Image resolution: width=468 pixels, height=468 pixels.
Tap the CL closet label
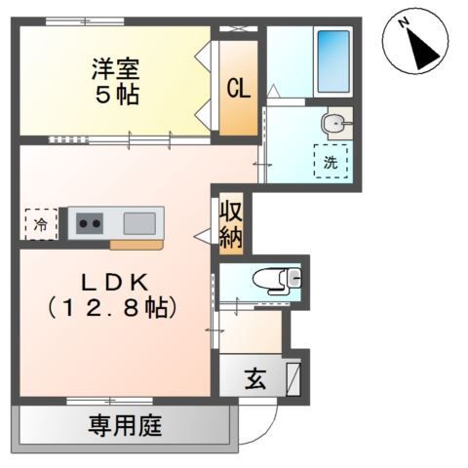click(x=238, y=88)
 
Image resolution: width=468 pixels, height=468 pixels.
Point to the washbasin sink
click(x=333, y=124)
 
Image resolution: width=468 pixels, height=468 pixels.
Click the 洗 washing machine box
click(x=331, y=162)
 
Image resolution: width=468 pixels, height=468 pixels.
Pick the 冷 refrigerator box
click(x=40, y=223)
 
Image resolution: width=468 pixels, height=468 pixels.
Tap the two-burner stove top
click(x=89, y=222)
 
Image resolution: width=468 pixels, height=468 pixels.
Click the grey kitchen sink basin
click(x=137, y=222)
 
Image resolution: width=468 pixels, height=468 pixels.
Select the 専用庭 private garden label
click(x=126, y=425)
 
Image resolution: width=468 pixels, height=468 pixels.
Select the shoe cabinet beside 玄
click(x=293, y=376)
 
